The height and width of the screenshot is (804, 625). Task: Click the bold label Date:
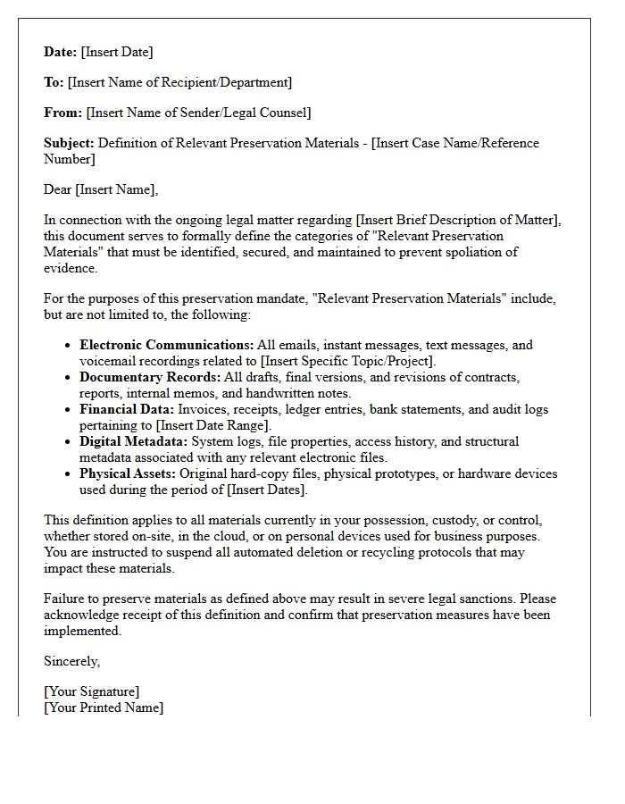click(61, 52)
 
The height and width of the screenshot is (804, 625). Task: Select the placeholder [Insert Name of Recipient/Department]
click(179, 82)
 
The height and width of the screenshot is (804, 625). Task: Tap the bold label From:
click(62, 113)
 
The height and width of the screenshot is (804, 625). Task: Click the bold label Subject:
click(69, 143)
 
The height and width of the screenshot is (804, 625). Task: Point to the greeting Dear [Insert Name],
click(101, 189)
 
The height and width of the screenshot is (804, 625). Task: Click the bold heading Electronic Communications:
click(166, 345)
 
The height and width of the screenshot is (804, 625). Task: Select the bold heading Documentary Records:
click(150, 377)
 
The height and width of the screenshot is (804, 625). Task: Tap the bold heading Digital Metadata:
click(133, 441)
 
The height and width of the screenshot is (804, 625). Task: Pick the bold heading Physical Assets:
click(128, 473)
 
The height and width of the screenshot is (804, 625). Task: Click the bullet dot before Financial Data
click(69, 410)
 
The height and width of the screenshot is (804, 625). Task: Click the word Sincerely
click(71, 661)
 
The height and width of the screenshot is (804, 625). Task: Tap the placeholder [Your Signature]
click(92, 691)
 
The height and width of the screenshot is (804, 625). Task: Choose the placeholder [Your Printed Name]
click(104, 708)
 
